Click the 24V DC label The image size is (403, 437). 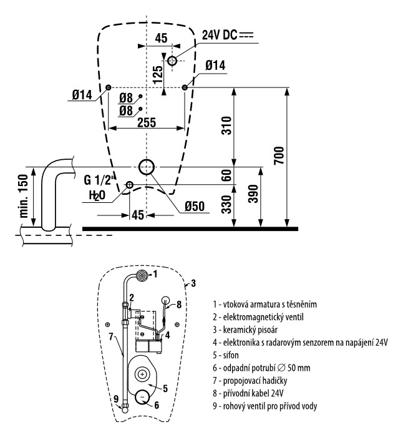pos(220,35)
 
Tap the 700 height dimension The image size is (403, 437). pos(279,155)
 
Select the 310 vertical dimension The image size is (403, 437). pos(226,125)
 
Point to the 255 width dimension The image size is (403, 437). pos(147,122)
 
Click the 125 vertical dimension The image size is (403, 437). pos(158,74)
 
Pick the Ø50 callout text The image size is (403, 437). pos(195,206)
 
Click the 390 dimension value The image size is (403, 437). pos(253,194)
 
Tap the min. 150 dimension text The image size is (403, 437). pos(24,196)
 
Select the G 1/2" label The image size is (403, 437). pos(99,180)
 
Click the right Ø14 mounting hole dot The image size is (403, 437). pos(185,87)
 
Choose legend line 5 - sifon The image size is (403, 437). pos(226,355)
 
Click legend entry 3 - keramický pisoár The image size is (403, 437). pos(245,330)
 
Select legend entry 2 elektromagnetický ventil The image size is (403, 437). pos(258,317)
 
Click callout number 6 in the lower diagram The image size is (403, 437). pos(157,405)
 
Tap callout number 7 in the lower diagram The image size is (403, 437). pos(111,336)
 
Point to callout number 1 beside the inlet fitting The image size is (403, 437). pos(155,274)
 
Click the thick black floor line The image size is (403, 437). pos(190,229)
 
